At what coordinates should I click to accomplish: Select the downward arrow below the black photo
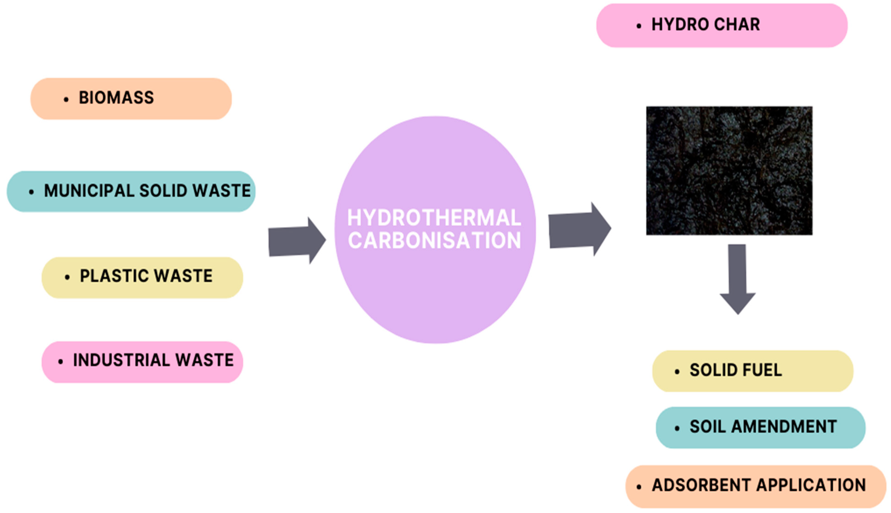point(737,278)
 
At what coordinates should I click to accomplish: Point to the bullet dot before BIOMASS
point(66,100)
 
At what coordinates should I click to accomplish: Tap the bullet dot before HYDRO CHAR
point(639,26)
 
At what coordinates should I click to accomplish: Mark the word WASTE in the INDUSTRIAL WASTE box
point(204,360)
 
